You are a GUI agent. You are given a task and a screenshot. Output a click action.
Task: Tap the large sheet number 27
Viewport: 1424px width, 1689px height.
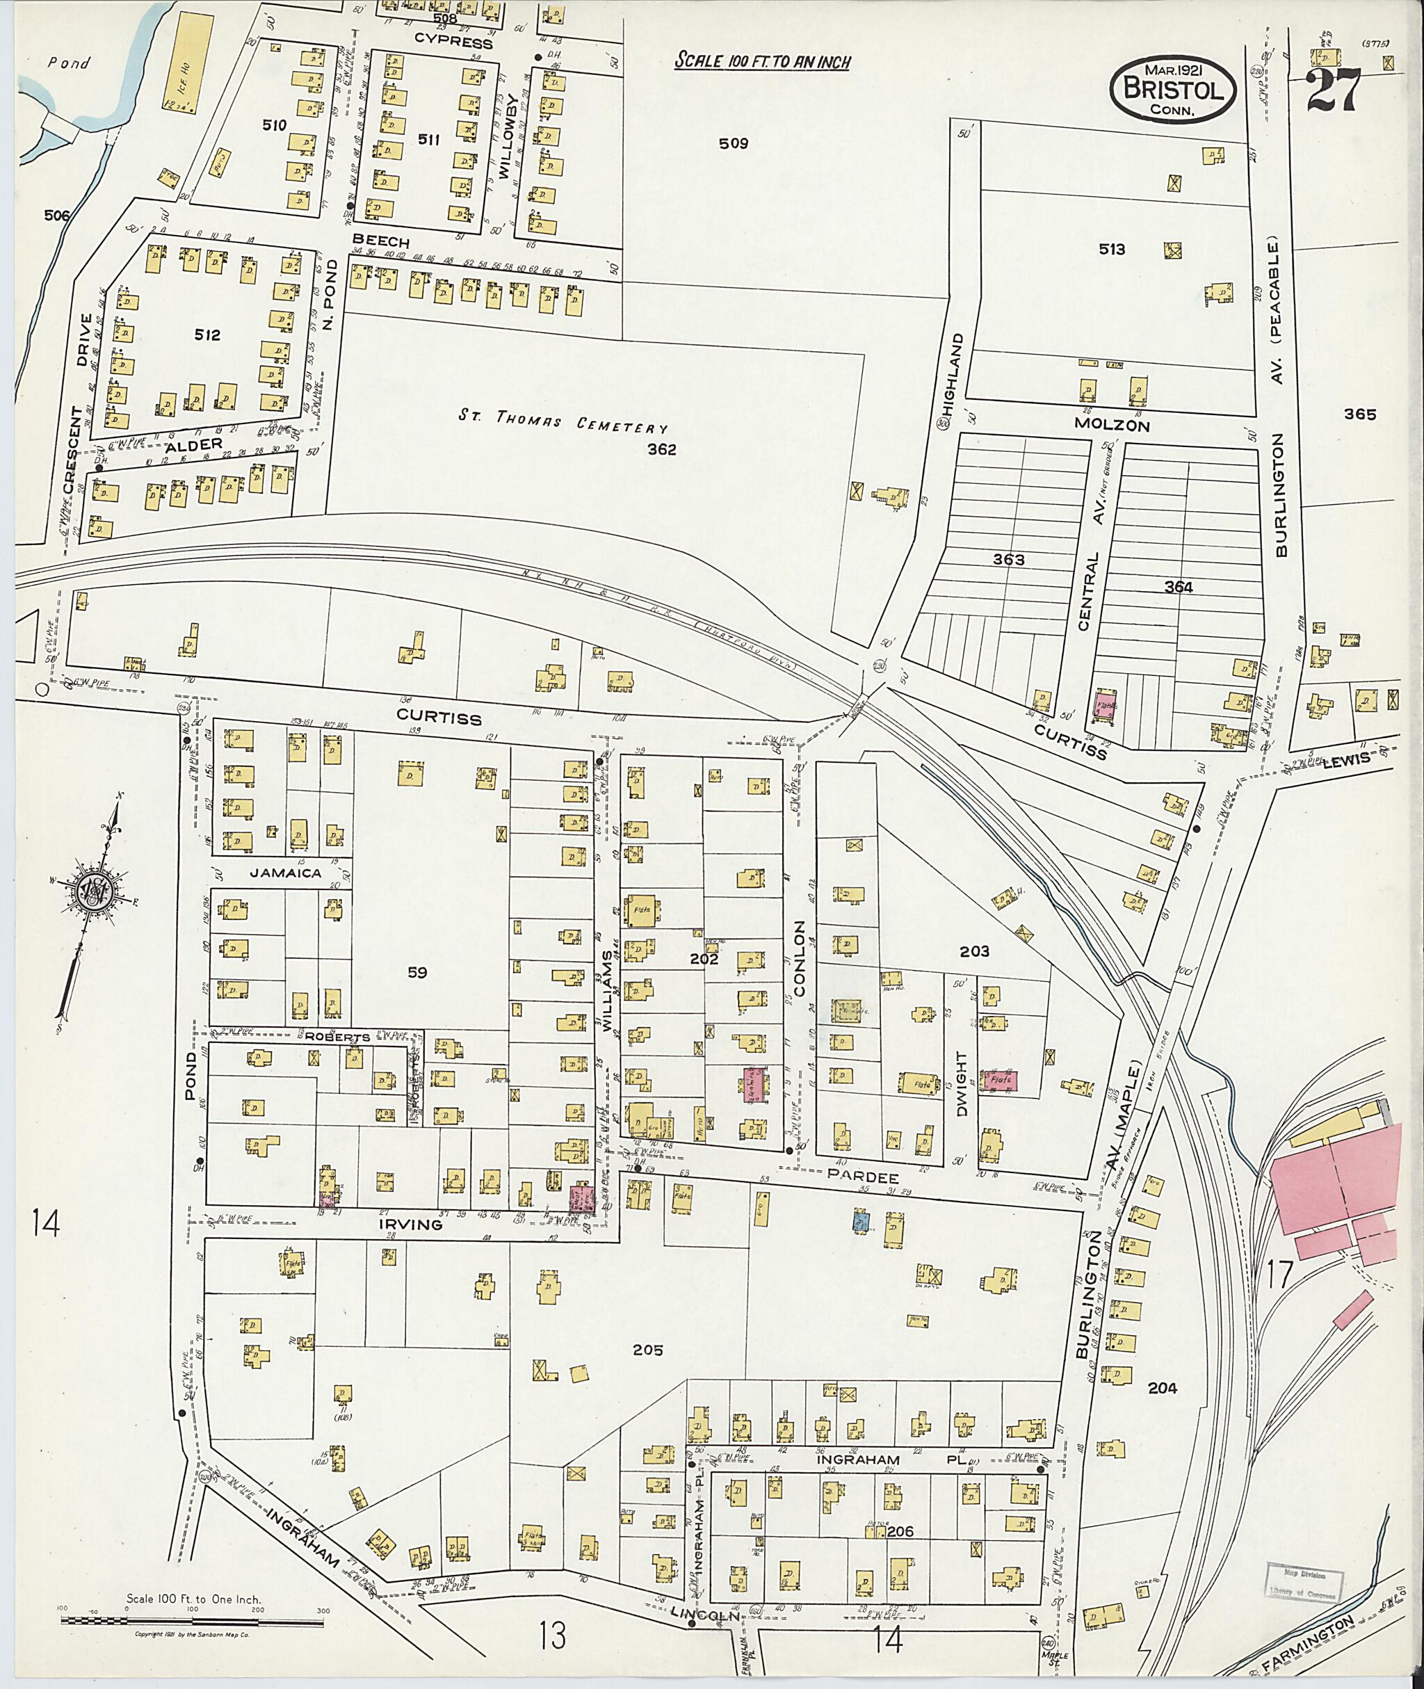[1334, 90]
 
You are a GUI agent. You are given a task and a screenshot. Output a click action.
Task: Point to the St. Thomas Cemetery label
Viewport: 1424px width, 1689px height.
[563, 421]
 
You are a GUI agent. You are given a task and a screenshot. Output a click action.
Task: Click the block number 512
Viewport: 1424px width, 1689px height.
[207, 334]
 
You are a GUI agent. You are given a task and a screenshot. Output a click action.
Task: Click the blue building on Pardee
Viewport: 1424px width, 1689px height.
[861, 1220]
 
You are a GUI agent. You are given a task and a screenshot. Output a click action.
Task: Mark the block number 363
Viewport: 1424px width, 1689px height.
[1008, 560]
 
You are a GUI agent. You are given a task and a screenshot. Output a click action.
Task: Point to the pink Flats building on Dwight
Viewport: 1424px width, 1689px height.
[998, 1081]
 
